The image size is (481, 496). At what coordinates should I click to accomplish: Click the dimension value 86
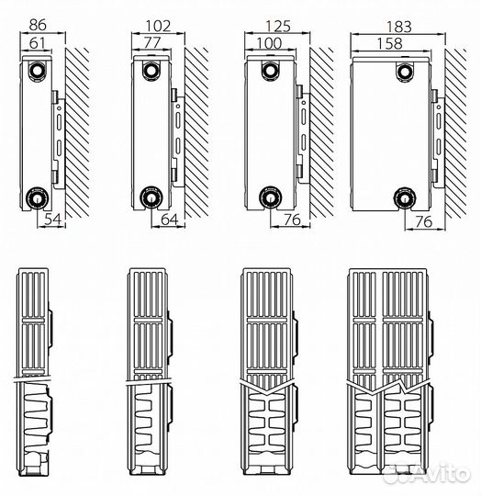[38, 25]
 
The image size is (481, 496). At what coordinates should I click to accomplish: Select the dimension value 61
[37, 43]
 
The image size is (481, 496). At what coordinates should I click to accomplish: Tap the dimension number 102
[158, 26]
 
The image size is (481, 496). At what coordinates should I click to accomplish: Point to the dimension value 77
[152, 42]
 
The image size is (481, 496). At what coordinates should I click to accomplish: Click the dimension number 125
[278, 27]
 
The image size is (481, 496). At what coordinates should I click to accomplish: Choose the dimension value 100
[269, 43]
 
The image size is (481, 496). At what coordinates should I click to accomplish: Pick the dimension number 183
[398, 27]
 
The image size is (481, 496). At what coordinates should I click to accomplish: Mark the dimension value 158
[390, 44]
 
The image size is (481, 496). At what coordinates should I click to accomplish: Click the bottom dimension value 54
[52, 219]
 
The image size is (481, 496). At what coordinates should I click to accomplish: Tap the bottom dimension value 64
[170, 220]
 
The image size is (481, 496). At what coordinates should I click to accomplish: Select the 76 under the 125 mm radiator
[292, 220]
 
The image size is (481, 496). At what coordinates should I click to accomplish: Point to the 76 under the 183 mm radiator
[423, 221]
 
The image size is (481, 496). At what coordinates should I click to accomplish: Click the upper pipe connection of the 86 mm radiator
[38, 71]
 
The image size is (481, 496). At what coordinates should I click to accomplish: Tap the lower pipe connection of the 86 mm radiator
[38, 198]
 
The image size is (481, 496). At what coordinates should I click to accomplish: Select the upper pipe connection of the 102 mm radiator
[151, 71]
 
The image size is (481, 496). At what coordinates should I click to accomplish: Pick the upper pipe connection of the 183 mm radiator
[405, 73]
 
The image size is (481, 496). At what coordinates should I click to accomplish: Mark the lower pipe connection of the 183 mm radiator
[405, 198]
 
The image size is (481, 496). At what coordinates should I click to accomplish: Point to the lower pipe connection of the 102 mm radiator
[151, 197]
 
